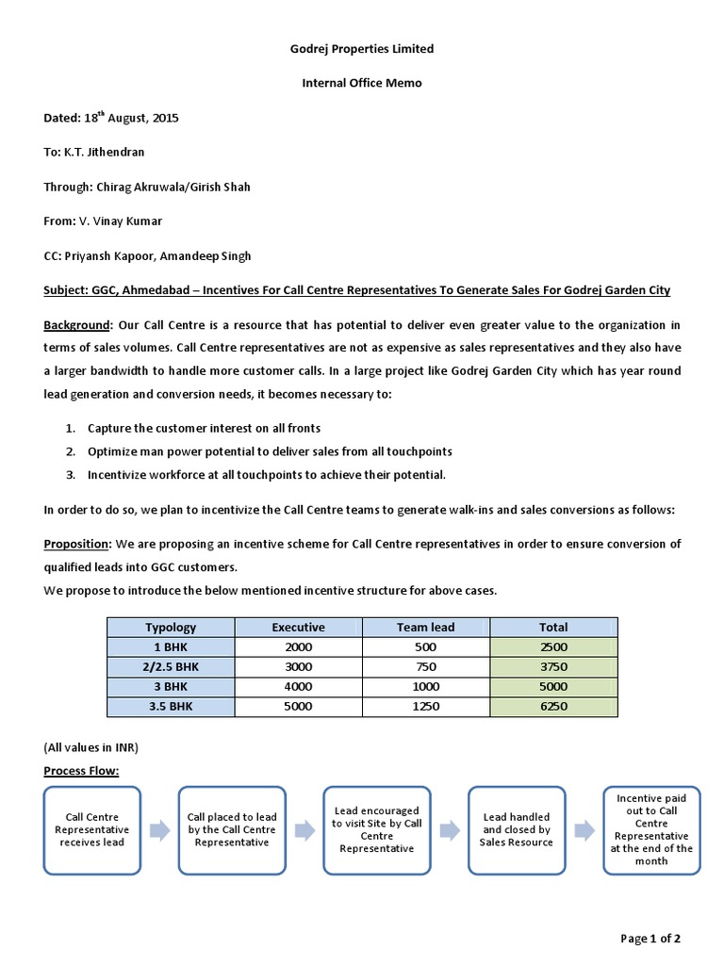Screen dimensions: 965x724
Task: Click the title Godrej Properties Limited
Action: (x=361, y=48)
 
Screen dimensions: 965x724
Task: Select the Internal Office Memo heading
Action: (x=361, y=83)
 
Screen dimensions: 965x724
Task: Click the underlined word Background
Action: (x=76, y=325)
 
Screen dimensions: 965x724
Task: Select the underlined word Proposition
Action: (x=77, y=544)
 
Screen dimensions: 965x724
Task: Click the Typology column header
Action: (x=171, y=627)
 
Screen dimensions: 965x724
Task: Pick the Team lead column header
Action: (x=425, y=627)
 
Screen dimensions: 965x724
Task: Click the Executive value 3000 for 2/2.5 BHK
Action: (x=298, y=666)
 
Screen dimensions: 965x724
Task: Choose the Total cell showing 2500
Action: (x=553, y=646)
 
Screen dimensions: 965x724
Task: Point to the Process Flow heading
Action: (x=81, y=772)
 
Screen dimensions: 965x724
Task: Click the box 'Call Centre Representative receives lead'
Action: (x=91, y=830)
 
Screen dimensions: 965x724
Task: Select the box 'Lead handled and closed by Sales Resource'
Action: (x=517, y=830)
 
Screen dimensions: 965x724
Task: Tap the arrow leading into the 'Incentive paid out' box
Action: (x=584, y=829)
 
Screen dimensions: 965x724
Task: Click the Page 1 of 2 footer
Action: (x=650, y=939)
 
